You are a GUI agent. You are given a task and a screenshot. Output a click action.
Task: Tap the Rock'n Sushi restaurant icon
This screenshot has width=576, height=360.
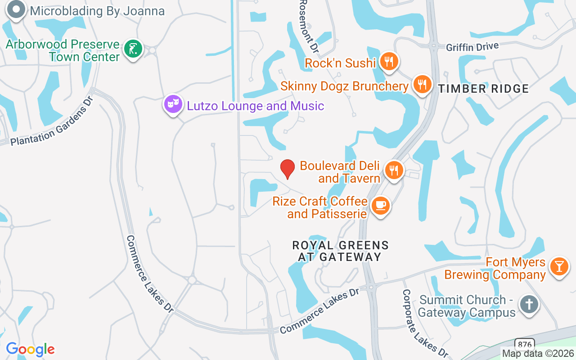coord(389,62)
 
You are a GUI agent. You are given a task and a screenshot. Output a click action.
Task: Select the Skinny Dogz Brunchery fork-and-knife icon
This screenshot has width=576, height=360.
coord(422,84)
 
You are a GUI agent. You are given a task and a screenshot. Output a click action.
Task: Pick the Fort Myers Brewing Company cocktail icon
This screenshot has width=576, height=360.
coord(559,266)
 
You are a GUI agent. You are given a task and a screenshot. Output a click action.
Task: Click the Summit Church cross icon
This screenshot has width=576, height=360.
coord(529,305)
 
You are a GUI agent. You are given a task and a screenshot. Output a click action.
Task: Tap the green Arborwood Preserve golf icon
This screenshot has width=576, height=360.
coord(132,49)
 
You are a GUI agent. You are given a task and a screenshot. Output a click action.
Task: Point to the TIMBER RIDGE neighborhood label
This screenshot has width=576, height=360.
coord(483,89)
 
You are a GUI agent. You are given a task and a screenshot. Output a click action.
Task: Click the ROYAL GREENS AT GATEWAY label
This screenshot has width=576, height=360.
coord(340,251)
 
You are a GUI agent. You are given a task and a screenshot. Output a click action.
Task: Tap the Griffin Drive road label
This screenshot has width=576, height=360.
coord(472,46)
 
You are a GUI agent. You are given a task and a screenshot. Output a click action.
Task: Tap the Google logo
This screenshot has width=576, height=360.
coord(30,349)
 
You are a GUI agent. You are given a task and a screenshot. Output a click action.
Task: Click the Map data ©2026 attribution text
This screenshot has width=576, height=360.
coord(538,353)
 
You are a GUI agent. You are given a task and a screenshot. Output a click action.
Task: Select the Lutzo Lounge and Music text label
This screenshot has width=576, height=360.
coord(255,106)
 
